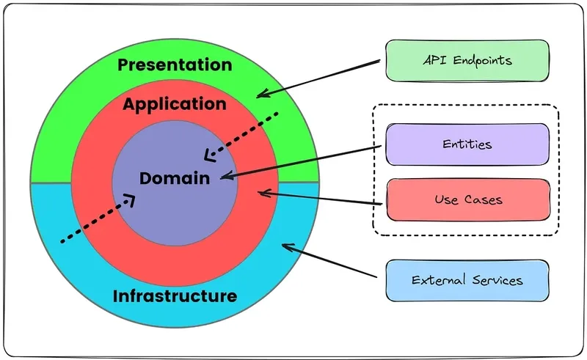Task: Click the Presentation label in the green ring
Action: pyautogui.click(x=175, y=65)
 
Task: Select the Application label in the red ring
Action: pyautogui.click(x=175, y=104)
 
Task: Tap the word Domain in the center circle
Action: pyautogui.click(x=175, y=177)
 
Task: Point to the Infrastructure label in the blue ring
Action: pyautogui.click(x=175, y=296)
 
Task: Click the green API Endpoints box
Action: pyautogui.click(x=467, y=60)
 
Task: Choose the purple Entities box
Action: pyautogui.click(x=467, y=144)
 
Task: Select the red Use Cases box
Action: pyautogui.click(x=467, y=199)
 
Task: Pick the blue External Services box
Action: pyautogui.click(x=467, y=280)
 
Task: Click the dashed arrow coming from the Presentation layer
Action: pyautogui.click(x=242, y=136)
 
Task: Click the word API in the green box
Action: pyautogui.click(x=434, y=60)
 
